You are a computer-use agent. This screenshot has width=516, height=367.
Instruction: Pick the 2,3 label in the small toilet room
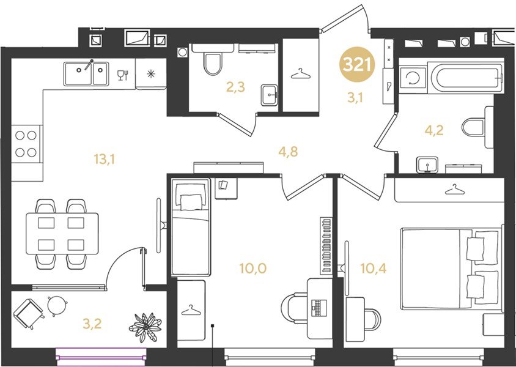point(235,87)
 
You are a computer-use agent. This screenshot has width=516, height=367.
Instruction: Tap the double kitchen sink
point(86,74)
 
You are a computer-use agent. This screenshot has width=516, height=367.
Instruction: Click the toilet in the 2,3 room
point(213,64)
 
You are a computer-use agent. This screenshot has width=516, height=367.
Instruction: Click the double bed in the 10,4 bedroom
point(449,268)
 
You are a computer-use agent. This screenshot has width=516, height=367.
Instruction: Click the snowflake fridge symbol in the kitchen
point(150,74)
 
